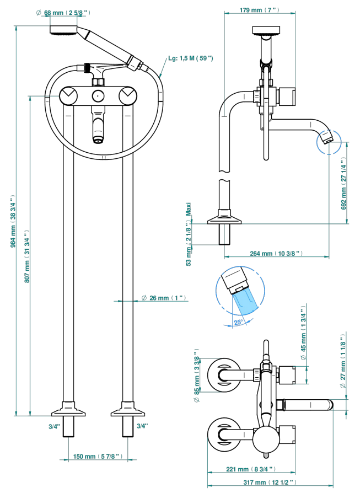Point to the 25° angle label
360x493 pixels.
pyautogui.click(x=238, y=322)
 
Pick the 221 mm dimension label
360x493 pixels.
pyautogui.click(x=250, y=469)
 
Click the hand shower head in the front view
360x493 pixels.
pyautogui.click(x=65, y=30)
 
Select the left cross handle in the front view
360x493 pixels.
pyautogui.click(x=69, y=96)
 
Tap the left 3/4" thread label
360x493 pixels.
pyautogui.click(x=54, y=426)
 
